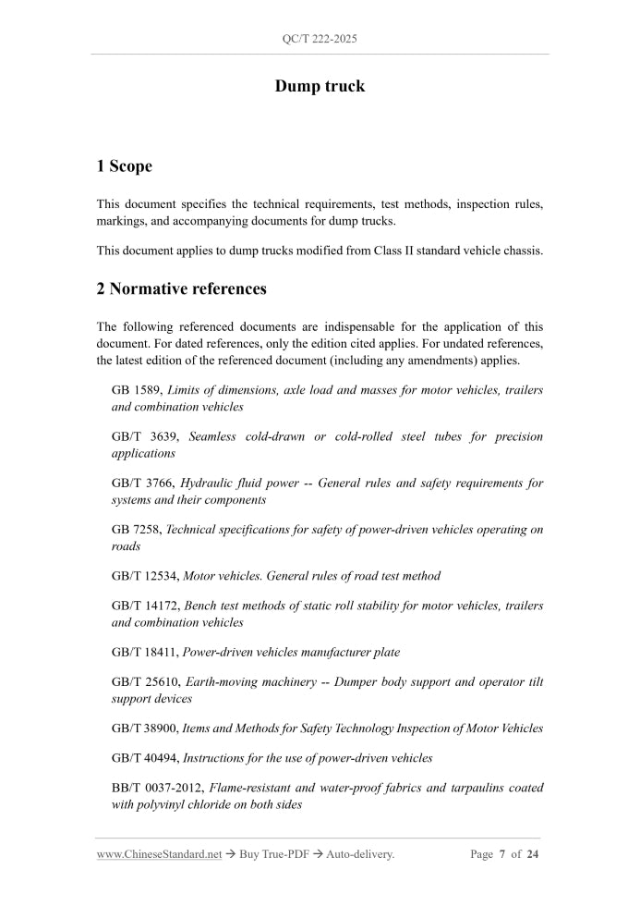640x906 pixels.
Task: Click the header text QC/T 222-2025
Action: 320,39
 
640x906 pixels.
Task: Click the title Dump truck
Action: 320,86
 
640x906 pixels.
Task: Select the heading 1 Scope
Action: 124,166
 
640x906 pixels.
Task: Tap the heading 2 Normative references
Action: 181,288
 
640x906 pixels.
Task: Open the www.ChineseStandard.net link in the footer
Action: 159,854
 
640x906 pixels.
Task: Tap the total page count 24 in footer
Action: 533,854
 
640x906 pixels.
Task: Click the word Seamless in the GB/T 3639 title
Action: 212,436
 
